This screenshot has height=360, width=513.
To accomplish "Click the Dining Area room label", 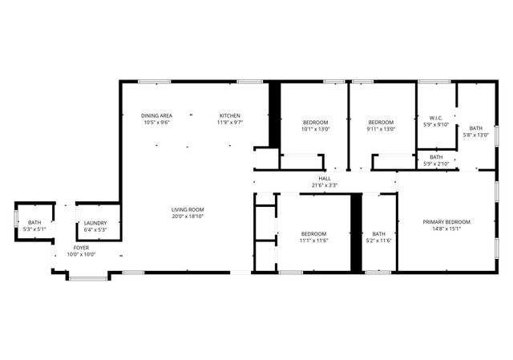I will click(156, 115).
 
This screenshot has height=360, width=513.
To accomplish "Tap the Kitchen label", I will click(230, 115).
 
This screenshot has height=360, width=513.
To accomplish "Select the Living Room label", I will click(188, 209).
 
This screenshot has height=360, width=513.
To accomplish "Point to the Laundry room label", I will click(95, 224).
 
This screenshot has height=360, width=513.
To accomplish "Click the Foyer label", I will click(81, 248).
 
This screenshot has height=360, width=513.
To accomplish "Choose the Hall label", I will click(325, 179).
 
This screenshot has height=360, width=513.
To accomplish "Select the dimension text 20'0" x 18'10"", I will click(188, 216).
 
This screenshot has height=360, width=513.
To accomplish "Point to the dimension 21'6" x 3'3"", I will click(325, 185).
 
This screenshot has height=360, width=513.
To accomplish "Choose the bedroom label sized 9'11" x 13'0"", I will click(381, 122).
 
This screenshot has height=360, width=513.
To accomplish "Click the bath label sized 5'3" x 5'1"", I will click(34, 222).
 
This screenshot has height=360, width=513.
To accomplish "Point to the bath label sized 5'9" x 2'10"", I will click(436, 157).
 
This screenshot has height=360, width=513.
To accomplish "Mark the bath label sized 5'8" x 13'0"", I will click(476, 128).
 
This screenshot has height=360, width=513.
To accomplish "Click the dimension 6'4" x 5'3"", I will click(95, 230).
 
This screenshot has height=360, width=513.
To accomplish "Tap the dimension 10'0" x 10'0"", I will click(81, 254).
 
